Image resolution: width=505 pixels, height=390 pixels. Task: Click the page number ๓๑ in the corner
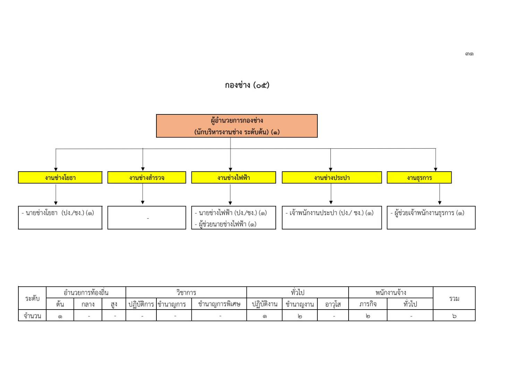(469, 54)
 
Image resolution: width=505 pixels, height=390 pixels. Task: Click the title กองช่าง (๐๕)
(247, 85)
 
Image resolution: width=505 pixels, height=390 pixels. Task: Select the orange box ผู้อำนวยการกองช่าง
(237, 126)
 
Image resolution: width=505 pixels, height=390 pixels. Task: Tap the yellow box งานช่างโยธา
(60, 177)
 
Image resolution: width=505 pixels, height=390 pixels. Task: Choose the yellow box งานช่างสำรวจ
(147, 177)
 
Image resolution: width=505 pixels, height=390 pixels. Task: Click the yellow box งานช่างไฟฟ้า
(233, 177)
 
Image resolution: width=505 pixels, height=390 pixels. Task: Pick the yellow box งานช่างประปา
(332, 177)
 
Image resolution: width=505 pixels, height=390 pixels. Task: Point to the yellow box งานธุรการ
(419, 177)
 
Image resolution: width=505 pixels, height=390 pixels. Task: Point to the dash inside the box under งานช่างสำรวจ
(148, 218)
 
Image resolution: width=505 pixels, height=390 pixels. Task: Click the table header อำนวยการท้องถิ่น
(86, 293)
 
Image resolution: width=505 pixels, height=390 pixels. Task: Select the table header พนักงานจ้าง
(391, 293)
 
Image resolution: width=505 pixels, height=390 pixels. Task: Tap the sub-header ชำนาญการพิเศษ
(219, 304)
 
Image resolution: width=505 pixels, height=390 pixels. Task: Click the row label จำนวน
(32, 316)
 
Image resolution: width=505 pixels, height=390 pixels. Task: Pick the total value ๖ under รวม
(454, 316)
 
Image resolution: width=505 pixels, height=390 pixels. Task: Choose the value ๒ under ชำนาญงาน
(300, 316)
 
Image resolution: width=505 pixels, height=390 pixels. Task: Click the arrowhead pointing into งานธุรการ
(436, 169)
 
